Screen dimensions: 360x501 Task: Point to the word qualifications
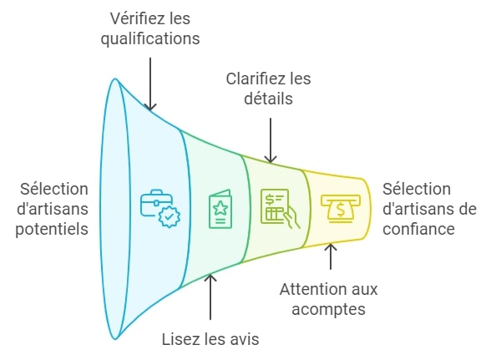coord(149,38)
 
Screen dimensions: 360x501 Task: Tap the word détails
coord(269,99)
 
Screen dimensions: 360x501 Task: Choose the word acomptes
coord(328,310)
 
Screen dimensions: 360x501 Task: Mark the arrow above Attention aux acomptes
coord(331,256)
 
